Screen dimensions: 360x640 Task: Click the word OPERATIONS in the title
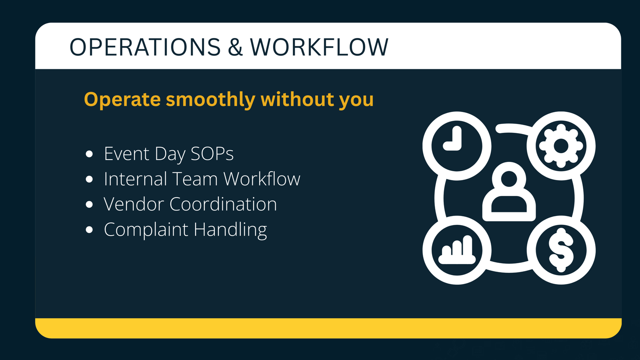click(145, 47)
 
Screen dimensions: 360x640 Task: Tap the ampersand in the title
click(236, 47)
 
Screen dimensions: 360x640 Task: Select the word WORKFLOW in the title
click(319, 47)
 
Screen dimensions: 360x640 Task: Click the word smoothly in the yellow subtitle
click(210, 100)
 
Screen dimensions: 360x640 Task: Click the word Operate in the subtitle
click(122, 100)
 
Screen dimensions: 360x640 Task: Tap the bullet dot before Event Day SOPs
click(89, 154)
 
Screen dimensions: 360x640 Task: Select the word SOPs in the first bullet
click(212, 154)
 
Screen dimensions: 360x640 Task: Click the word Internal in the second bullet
click(135, 179)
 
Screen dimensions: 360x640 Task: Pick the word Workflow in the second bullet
click(262, 179)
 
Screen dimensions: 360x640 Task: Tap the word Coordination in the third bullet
click(223, 204)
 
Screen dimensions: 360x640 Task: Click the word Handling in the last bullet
click(230, 230)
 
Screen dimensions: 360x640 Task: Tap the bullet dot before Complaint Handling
click(89, 230)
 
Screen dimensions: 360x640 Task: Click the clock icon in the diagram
click(456, 146)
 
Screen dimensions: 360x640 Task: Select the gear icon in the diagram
click(561, 146)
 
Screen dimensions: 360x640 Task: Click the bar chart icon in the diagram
click(456, 250)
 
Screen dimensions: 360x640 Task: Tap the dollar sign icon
click(561, 250)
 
